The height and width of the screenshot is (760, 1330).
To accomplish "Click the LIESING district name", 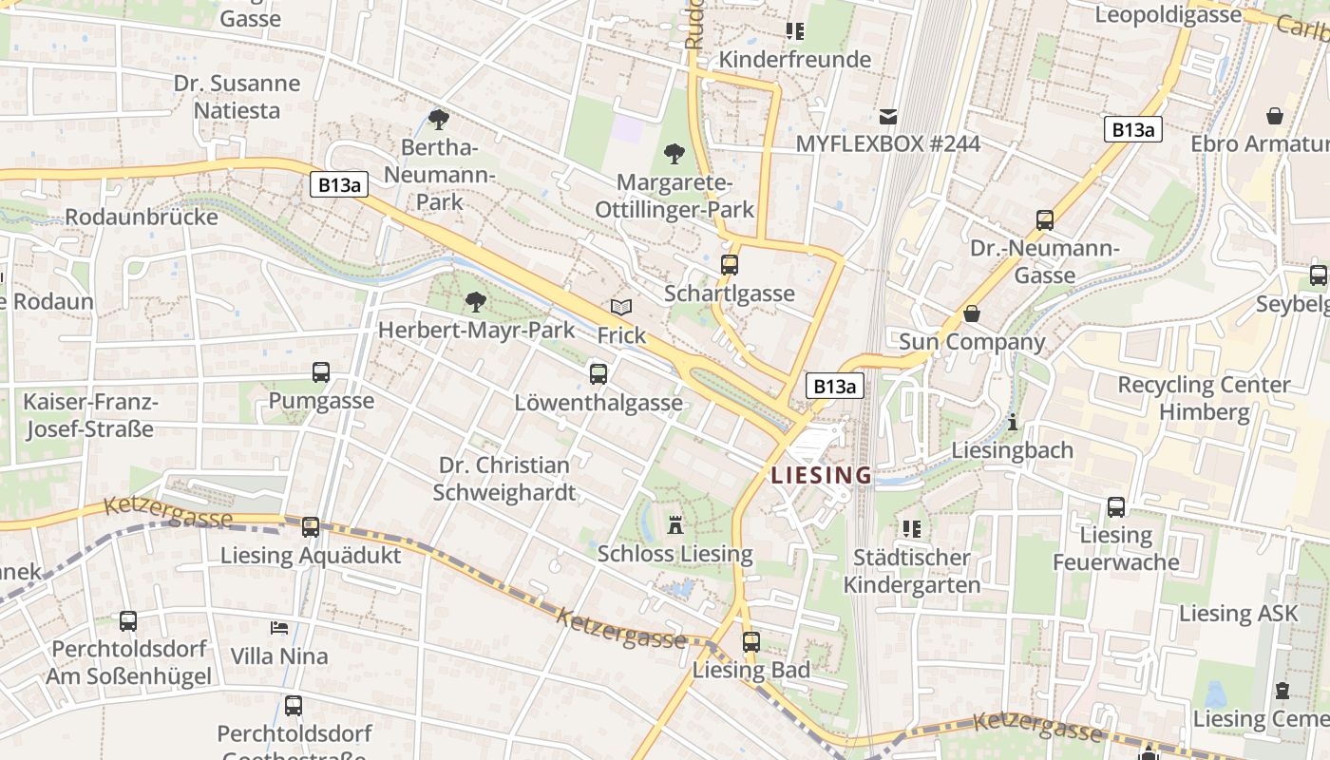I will tap(821, 475).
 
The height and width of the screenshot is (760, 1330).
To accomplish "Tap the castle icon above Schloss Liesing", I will tap(675, 524).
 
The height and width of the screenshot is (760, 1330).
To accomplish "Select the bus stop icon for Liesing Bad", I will tap(751, 642).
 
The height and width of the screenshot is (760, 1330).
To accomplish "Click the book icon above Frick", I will tap(621, 308).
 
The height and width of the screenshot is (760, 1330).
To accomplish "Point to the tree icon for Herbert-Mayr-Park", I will tap(476, 302).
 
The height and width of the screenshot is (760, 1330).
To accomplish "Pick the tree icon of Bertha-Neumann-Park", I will tap(438, 120).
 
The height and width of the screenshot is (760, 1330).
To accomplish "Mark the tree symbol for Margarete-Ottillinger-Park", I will tap(674, 153).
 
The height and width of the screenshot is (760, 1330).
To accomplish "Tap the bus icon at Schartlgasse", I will tap(730, 265).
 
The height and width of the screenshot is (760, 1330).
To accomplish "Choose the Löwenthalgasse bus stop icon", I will tap(598, 374).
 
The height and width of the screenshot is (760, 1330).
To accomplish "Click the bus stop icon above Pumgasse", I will tap(321, 372).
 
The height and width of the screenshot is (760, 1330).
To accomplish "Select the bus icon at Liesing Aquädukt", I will tap(311, 527).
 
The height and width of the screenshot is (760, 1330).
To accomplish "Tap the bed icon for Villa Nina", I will tap(279, 628).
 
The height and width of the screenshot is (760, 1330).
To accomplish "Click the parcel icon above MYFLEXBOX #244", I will tap(888, 116).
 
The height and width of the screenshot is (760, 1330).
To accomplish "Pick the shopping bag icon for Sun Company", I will tap(972, 313).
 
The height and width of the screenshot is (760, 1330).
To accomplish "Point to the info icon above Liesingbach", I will tap(1013, 422).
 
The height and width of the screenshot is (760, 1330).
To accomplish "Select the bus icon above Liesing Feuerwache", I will tap(1116, 507).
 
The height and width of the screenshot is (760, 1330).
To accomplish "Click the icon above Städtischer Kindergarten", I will tap(912, 529).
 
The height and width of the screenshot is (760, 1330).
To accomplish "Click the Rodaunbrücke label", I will tap(142, 217).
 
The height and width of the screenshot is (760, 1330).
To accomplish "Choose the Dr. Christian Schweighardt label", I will tap(504, 479).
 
